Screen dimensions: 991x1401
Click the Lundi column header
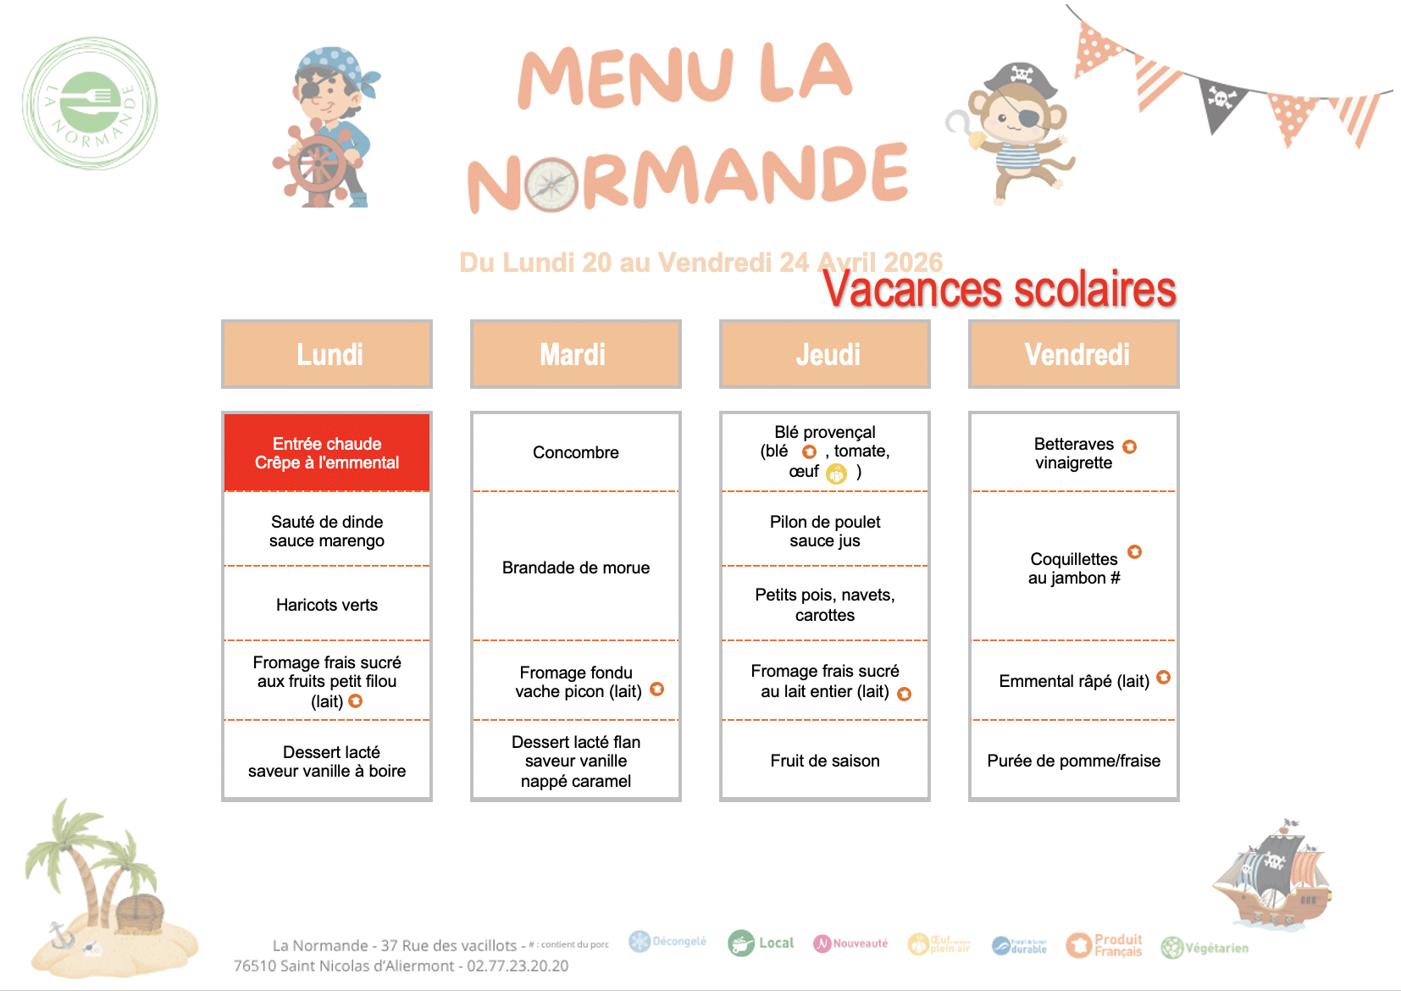[327, 354]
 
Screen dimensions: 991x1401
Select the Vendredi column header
[1074, 354]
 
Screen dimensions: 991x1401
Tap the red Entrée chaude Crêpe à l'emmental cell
[327, 453]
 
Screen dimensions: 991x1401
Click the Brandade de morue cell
[576, 567]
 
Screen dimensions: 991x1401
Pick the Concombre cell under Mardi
[576, 452]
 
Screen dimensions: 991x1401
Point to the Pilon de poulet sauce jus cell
[825, 531]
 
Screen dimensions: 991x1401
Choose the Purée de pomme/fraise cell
[1074, 761]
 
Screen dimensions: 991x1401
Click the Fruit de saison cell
[825, 761]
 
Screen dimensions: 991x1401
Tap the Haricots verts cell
[327, 605]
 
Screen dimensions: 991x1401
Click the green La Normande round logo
[90, 103]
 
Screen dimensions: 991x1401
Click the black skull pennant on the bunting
[1221, 102]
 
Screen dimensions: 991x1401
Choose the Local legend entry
[761, 943]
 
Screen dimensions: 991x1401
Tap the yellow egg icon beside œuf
[836, 474]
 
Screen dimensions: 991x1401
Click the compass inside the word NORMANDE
[551, 185]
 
